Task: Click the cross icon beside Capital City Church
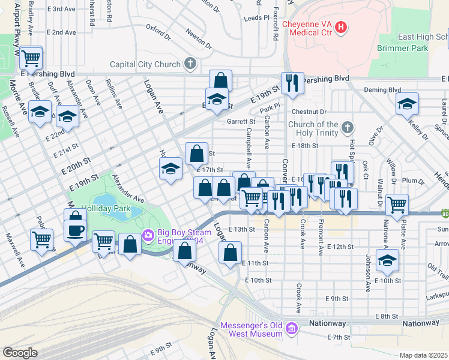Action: (x=190, y=64)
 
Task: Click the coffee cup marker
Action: (x=76, y=230)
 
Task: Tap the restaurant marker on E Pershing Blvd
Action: (x=292, y=83)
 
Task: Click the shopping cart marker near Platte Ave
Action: (x=397, y=205)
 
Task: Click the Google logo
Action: (x=20, y=353)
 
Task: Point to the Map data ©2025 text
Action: (x=423, y=355)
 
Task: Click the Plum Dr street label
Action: (x=413, y=181)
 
